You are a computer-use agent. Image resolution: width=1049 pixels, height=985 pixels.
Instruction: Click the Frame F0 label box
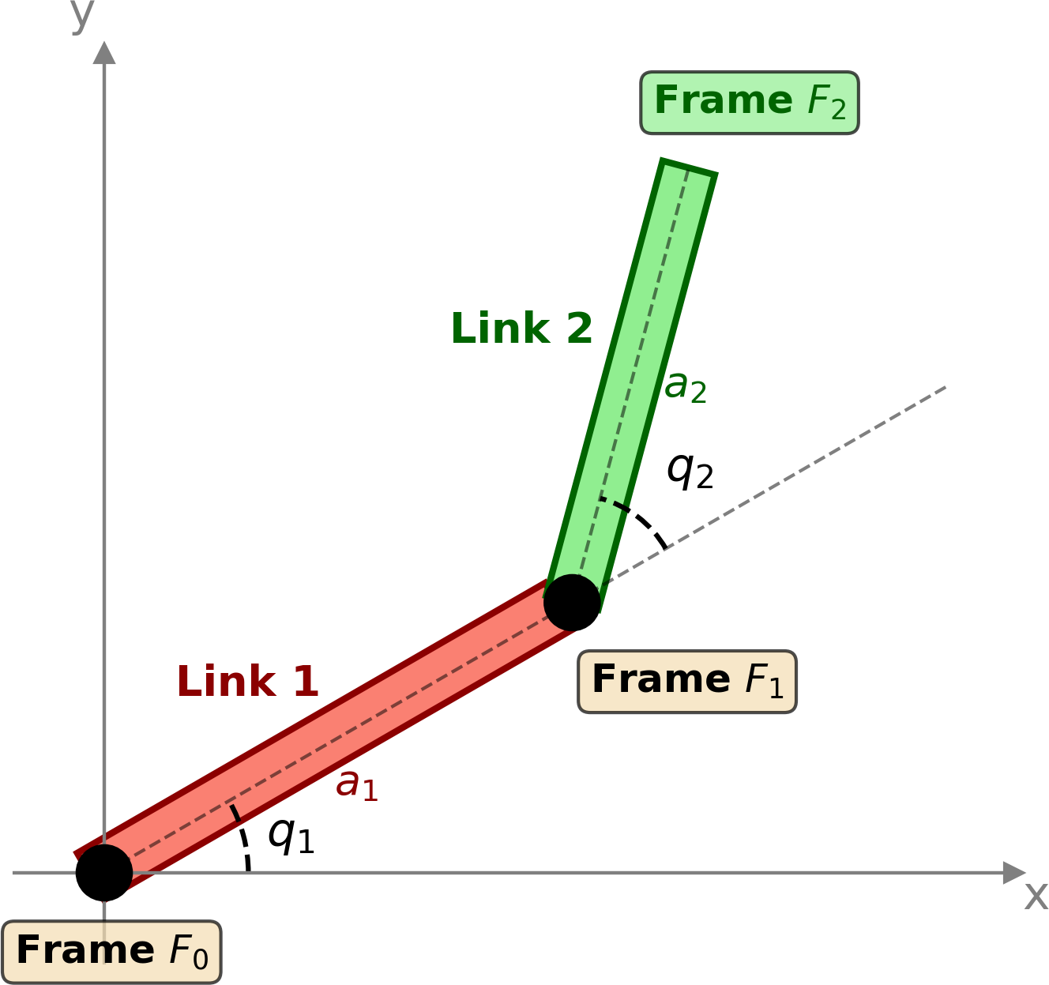[111, 951]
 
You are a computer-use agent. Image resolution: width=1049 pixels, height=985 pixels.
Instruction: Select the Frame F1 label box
[686, 681]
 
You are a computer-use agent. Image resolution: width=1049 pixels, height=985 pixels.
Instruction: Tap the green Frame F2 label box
[749, 102]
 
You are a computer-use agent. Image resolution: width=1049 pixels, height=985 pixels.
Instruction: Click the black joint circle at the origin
[104, 872]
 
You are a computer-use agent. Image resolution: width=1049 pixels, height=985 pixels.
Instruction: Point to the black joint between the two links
[572, 602]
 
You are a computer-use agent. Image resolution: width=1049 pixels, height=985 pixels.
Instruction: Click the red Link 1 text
[247, 682]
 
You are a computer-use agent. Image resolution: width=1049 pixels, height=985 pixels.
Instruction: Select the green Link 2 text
[521, 329]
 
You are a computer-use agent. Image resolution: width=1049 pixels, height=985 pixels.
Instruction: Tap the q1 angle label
[291, 836]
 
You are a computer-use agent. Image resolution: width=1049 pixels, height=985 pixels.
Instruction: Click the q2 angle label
[690, 471]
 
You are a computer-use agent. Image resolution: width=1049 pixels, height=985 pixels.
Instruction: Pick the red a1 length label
[357, 785]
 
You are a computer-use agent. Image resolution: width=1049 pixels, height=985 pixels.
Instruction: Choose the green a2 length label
[685, 386]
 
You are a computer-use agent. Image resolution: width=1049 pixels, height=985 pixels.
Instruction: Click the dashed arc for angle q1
[243, 839]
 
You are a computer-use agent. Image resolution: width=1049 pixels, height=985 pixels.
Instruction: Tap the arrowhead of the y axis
[104, 52]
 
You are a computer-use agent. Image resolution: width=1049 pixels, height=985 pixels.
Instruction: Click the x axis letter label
[1036, 897]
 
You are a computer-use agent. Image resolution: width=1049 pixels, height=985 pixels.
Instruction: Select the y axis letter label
[82, 14]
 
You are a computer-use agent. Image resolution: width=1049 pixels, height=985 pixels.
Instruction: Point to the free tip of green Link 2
[688, 167]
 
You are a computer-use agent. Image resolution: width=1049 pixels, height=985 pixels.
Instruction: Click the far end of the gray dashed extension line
[945, 387]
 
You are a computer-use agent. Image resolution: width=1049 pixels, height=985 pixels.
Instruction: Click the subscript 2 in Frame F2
[838, 110]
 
